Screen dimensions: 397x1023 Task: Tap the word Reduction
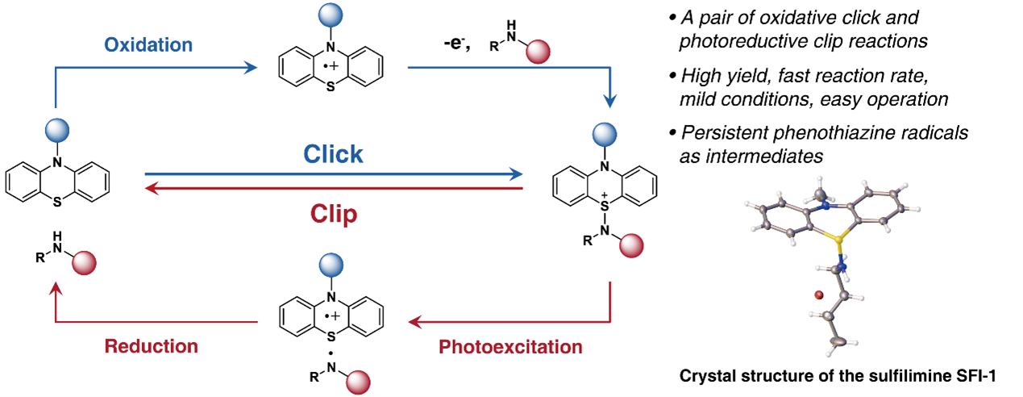(152, 346)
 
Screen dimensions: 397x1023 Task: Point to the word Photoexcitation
(510, 347)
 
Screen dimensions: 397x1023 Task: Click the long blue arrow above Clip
(333, 173)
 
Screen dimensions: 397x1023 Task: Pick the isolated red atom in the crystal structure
(818, 296)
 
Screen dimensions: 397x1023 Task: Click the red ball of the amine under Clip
(84, 264)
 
